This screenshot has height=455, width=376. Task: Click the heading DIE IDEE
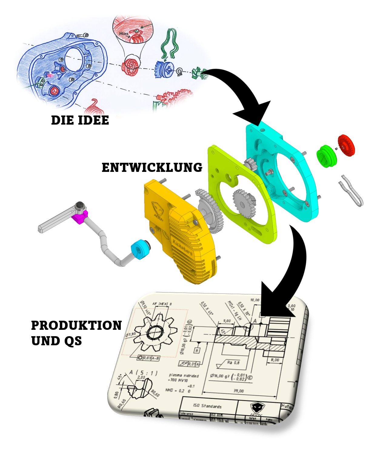point(80,120)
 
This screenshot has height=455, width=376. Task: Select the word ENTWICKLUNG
point(152,168)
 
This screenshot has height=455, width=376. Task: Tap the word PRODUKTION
point(76,326)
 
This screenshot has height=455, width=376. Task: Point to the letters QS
point(73,341)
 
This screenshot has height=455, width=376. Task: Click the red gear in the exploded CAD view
point(346,145)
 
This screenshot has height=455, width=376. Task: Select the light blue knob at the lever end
point(140,249)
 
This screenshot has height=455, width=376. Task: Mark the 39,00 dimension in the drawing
point(238,391)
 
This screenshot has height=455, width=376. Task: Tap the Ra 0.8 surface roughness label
point(233,363)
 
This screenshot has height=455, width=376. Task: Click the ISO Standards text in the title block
point(207,406)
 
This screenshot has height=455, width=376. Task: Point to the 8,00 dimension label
point(275,360)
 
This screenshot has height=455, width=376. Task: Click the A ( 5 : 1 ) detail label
point(143,373)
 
